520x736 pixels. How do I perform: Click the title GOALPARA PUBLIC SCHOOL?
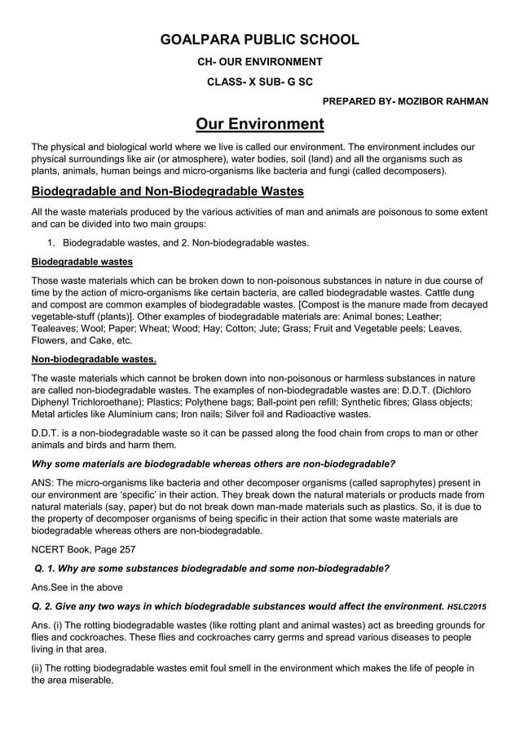[260, 39]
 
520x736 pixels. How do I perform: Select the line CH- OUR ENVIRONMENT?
[260, 61]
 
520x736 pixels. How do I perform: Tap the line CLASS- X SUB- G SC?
[260, 82]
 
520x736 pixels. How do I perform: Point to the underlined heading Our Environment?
[260, 124]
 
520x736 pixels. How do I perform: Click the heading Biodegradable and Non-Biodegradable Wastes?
[167, 192]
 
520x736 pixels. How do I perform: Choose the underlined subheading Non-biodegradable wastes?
[94, 359]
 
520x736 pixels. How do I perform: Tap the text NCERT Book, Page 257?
[83, 549]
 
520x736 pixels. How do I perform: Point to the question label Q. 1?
[45, 568]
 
